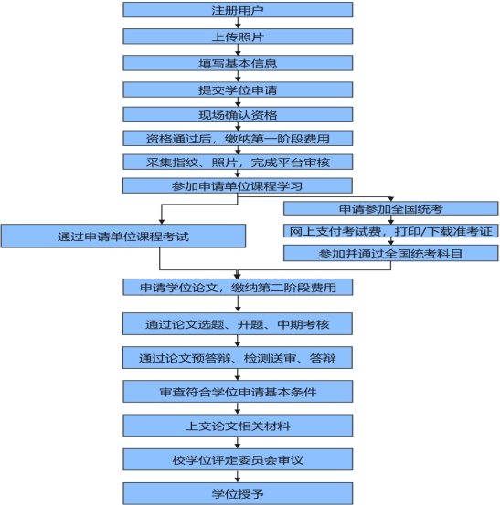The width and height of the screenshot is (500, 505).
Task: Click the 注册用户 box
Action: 238,10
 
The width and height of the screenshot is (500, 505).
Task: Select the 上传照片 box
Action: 238,37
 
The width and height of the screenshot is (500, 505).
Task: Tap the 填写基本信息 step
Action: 238,63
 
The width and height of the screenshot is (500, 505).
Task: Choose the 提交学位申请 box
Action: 238,89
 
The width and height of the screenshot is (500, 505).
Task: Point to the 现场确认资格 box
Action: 238,115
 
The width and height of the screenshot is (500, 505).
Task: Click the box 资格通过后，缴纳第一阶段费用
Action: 238,138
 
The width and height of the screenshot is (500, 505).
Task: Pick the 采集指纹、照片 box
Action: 238,162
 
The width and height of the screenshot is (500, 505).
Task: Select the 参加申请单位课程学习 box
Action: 238,185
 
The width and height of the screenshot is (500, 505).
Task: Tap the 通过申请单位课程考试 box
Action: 123,237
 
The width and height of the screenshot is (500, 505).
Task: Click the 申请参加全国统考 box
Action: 390,208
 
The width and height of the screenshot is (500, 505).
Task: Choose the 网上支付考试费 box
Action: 390,231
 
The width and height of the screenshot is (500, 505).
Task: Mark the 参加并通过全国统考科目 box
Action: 390,253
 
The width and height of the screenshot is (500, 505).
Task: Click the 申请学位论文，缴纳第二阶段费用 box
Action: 238,287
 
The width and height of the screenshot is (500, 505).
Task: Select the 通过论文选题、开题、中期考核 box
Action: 238,323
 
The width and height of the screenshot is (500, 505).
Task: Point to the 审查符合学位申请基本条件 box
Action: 238,392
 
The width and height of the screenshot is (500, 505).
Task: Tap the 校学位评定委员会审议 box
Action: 238,459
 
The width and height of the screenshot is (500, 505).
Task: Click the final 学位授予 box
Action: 238,493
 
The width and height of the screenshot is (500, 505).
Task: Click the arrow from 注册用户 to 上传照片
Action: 238,23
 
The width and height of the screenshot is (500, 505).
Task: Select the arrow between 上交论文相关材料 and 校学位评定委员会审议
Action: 238,443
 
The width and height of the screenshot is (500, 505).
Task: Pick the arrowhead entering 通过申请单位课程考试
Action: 162,222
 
